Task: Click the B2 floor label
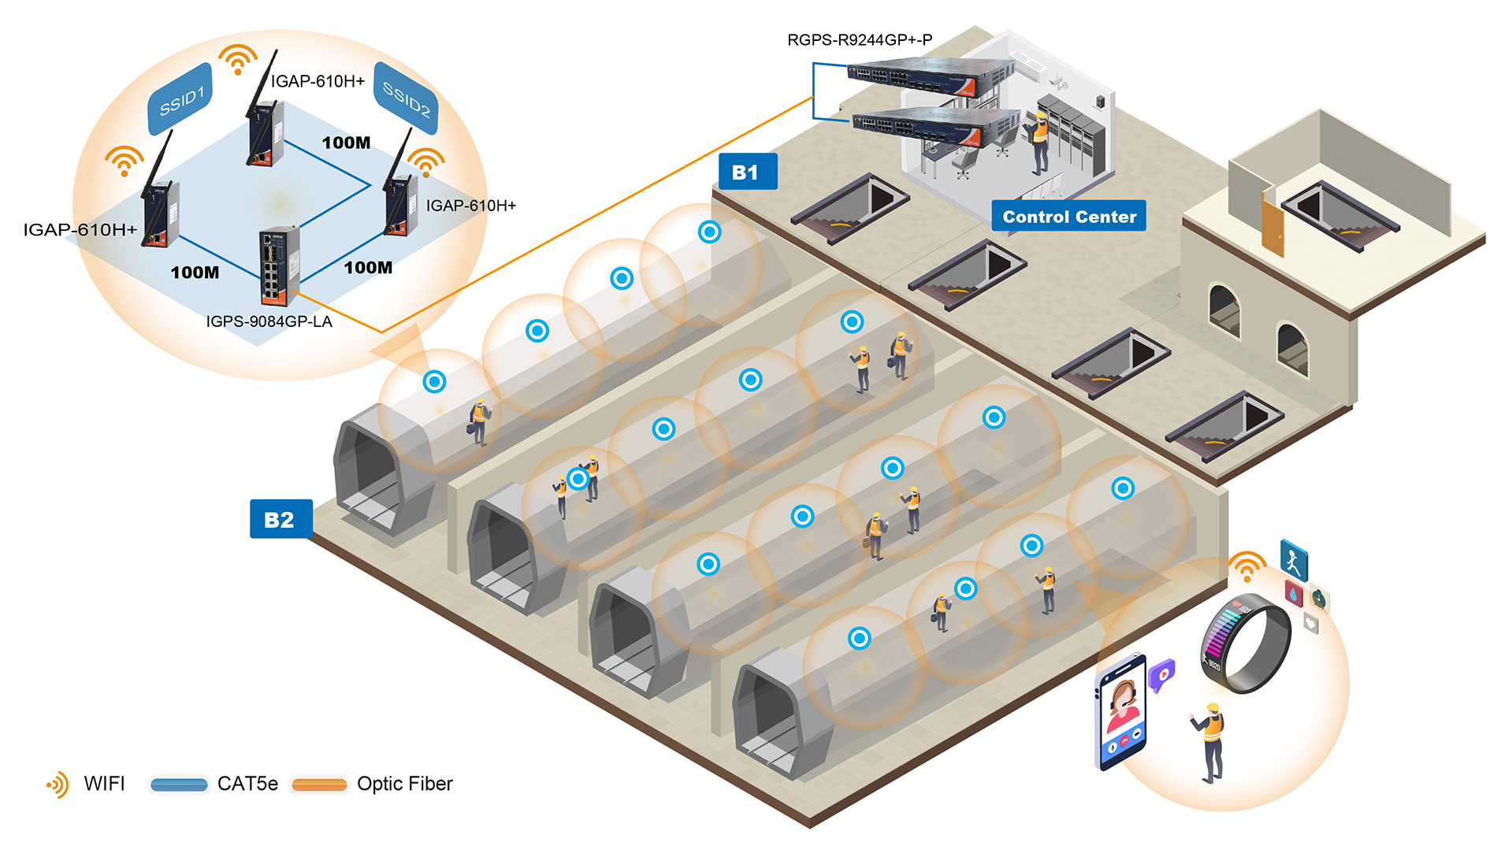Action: click(x=280, y=519)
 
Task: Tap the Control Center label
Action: click(x=1068, y=217)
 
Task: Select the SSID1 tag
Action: click(x=180, y=100)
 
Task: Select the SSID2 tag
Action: click(x=406, y=99)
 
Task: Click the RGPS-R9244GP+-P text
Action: click(x=860, y=39)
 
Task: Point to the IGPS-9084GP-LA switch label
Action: click(x=269, y=321)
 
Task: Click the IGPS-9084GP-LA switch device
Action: click(x=278, y=265)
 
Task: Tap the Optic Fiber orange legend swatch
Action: click(x=319, y=785)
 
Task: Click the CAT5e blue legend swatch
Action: click(x=179, y=785)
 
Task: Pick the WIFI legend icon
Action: click(x=58, y=785)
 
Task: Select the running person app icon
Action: click(x=1293, y=561)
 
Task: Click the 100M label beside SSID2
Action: click(x=346, y=143)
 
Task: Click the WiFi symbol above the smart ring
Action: click(x=1246, y=566)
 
